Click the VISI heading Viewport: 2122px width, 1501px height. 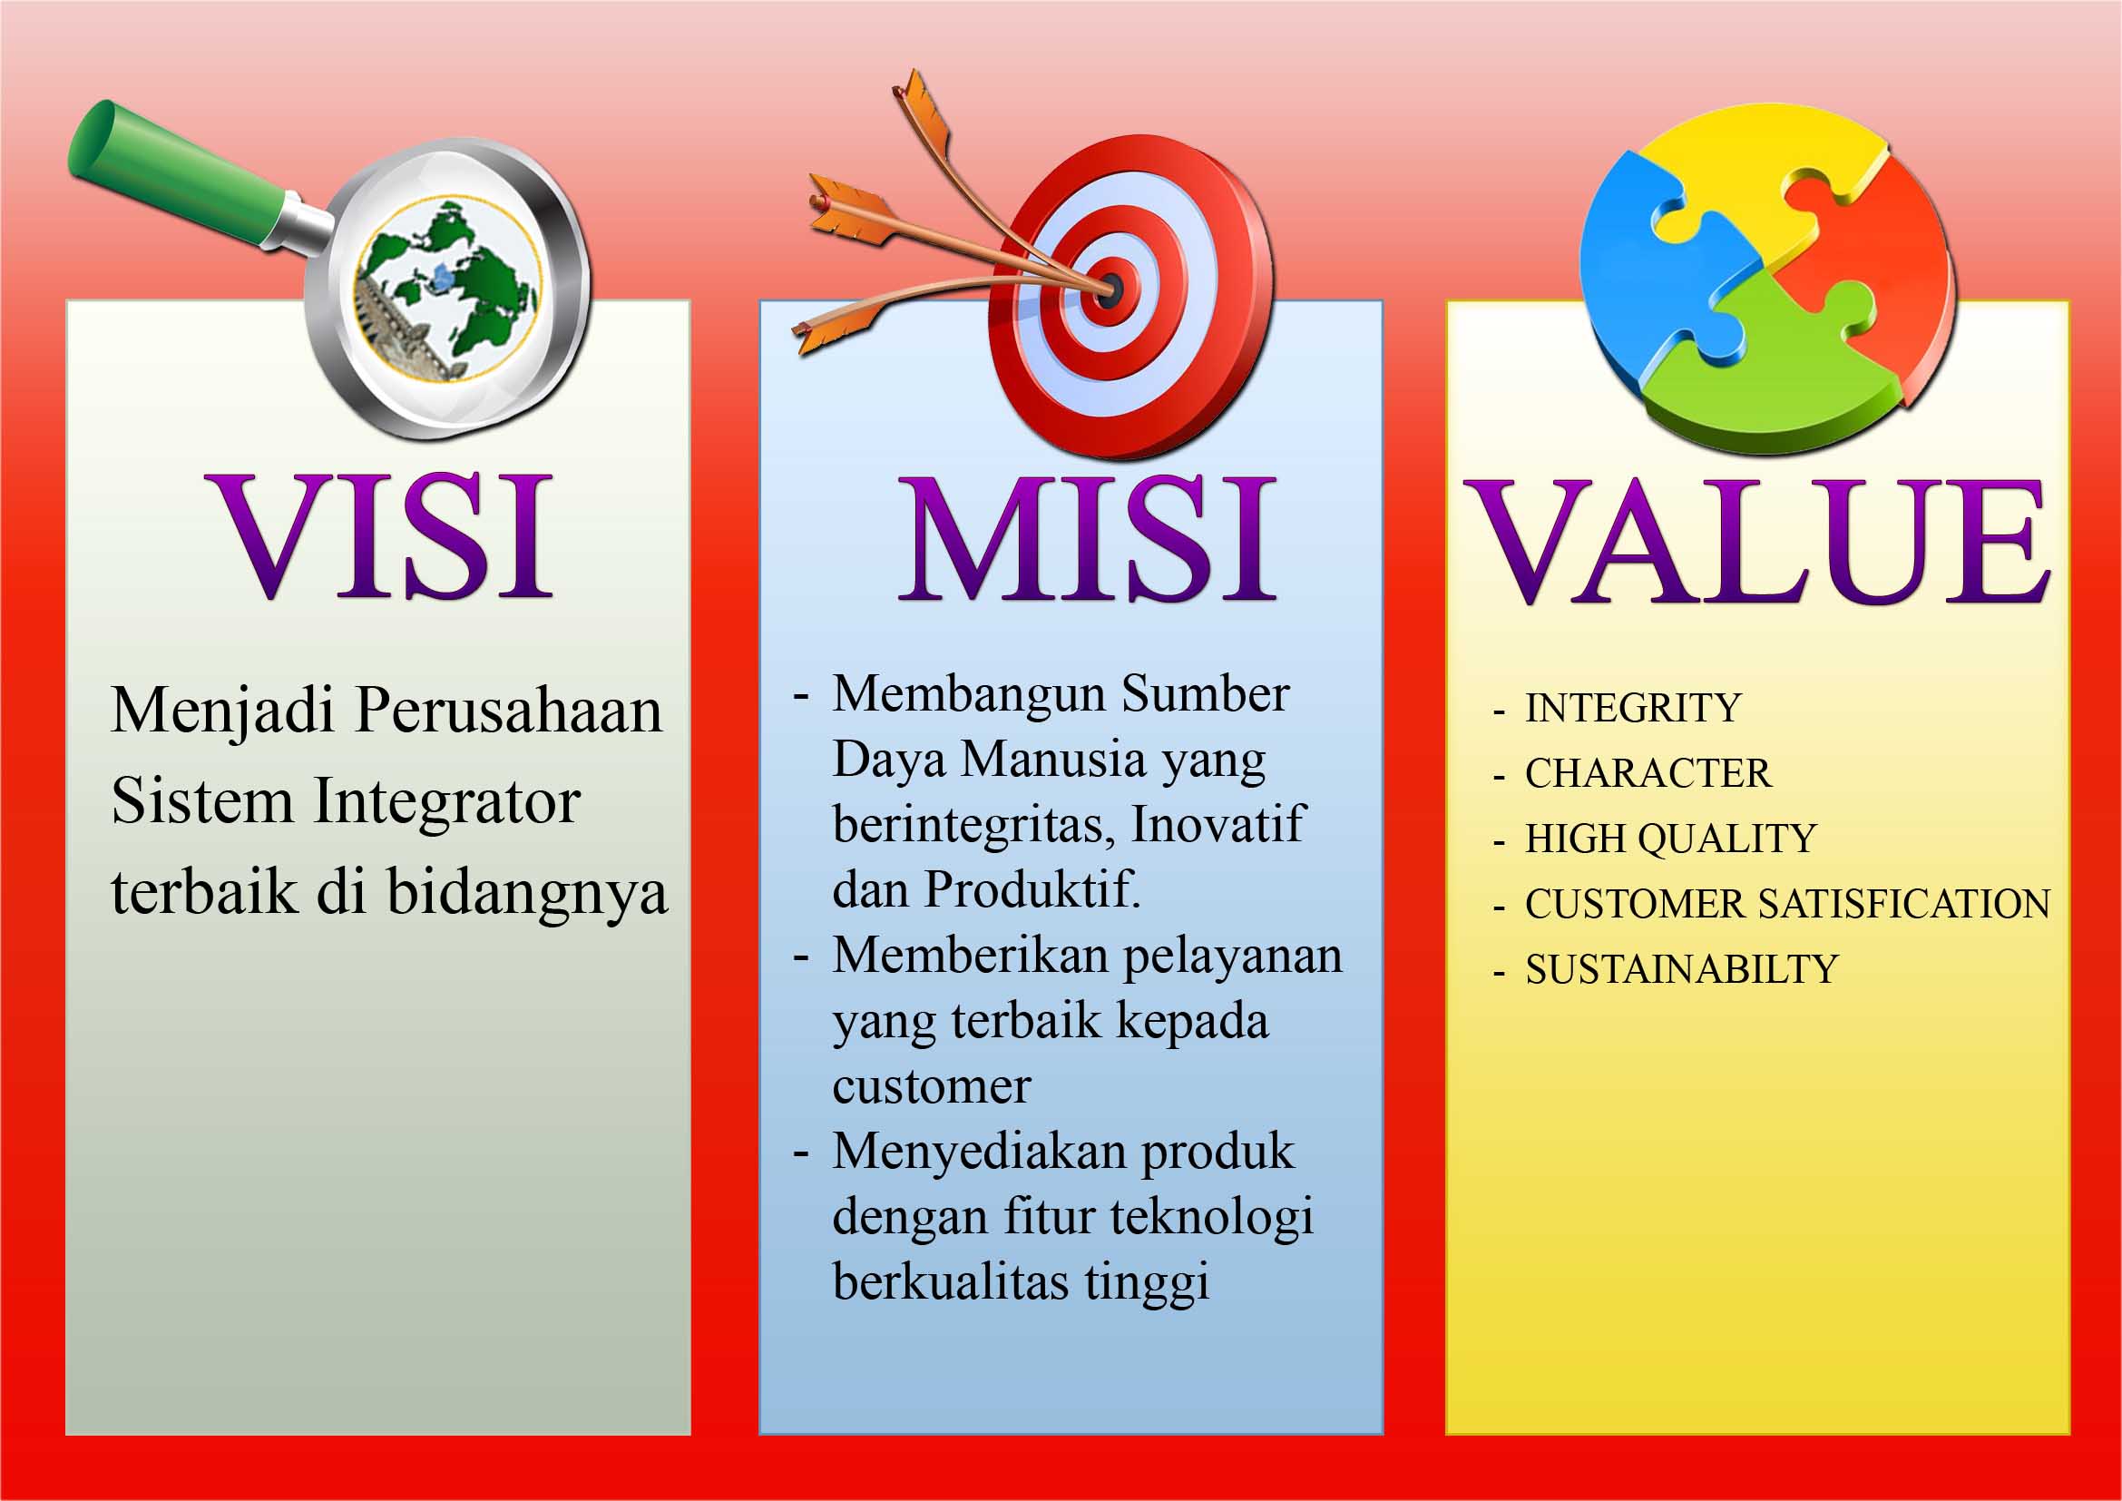click(x=382, y=536)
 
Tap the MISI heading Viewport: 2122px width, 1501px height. click(x=1088, y=539)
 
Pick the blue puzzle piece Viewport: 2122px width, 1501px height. click(x=1664, y=268)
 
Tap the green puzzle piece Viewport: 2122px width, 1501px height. click(x=1765, y=369)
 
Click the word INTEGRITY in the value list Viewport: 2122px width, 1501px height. click(x=1632, y=708)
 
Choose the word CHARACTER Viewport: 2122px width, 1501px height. click(x=1648, y=773)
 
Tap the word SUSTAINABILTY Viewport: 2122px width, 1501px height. click(x=1681, y=969)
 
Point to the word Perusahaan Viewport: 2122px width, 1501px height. click(x=508, y=710)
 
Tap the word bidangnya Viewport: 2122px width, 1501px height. click(x=527, y=893)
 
